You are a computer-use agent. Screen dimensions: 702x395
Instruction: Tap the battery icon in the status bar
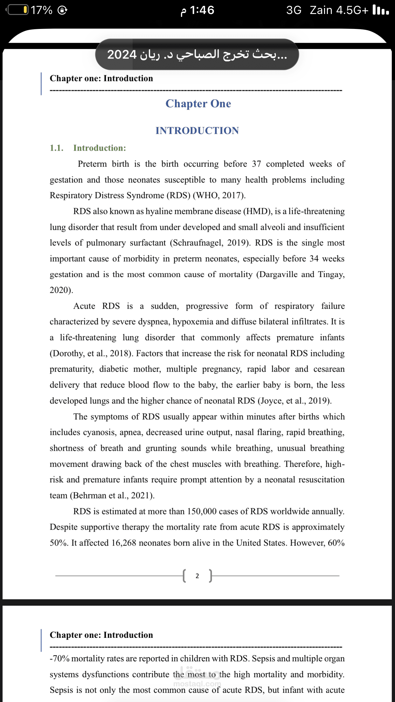(x=17, y=10)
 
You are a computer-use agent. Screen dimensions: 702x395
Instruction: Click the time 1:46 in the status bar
(x=202, y=10)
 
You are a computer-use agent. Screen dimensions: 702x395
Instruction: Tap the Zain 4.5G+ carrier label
(x=339, y=10)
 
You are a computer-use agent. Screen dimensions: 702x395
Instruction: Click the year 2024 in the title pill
(x=122, y=55)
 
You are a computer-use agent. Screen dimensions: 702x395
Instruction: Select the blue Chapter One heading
(x=198, y=104)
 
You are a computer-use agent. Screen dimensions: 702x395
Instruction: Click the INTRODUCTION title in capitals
(x=197, y=131)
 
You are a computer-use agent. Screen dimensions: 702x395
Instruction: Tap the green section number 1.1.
(x=57, y=148)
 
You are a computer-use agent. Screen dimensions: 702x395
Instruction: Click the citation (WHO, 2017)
(x=219, y=195)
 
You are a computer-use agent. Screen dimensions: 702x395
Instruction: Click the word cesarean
(x=329, y=369)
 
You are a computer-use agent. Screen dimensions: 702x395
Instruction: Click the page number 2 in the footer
(x=197, y=576)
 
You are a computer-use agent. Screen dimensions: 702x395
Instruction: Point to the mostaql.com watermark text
(x=197, y=684)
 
